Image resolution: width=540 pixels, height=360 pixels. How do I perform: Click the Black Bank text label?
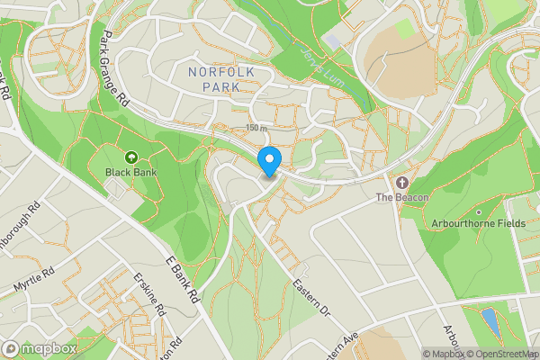tap(130, 171)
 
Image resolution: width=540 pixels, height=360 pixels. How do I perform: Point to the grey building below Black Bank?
tap(114, 188)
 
